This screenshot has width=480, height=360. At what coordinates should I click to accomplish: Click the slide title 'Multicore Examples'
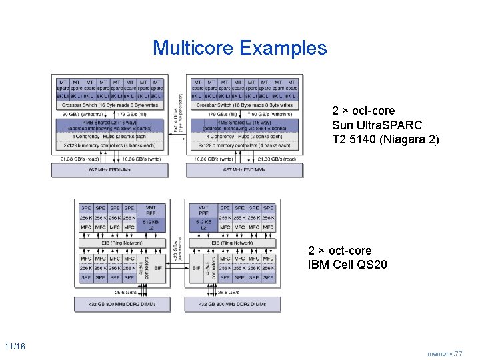[x=240, y=48]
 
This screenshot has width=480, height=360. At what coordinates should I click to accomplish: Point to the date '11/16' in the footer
[x=15, y=347]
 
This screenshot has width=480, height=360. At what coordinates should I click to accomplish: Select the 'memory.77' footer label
[x=445, y=354]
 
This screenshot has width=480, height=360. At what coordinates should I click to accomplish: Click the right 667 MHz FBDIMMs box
[x=245, y=170]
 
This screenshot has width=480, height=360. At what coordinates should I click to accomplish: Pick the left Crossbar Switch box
[x=111, y=105]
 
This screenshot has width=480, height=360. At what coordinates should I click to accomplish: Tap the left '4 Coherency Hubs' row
[x=111, y=137]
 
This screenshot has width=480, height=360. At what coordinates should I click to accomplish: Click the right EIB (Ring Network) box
[x=233, y=243]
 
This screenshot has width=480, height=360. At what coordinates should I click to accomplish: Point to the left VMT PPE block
[x=151, y=211]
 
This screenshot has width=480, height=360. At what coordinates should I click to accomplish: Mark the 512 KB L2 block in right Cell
[x=204, y=225]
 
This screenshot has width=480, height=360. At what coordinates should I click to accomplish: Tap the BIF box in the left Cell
[x=158, y=267]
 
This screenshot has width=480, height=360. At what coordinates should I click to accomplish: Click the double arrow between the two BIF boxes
[x=178, y=267]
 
